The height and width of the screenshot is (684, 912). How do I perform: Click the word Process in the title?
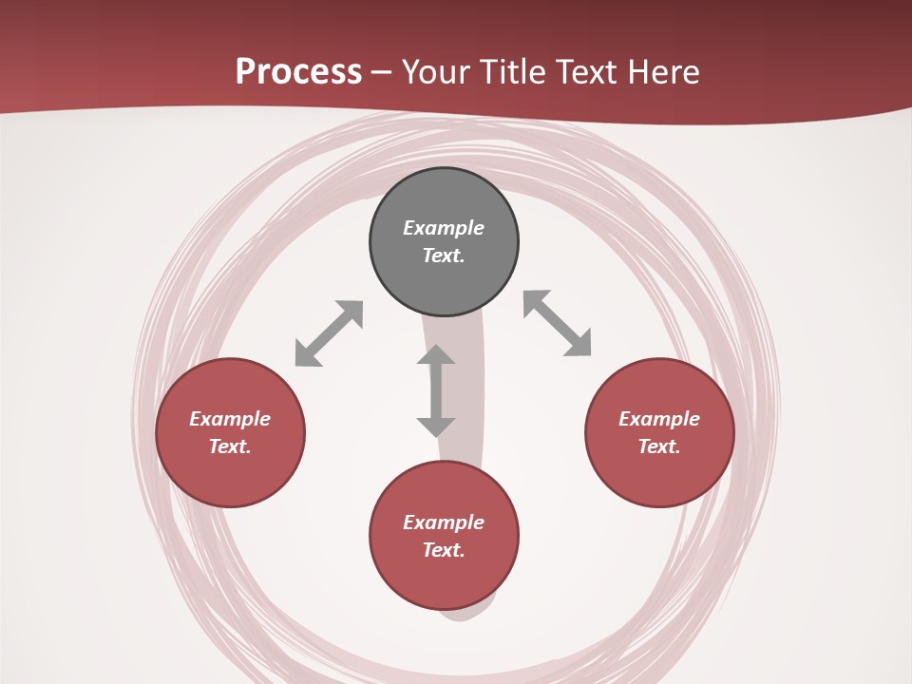298,72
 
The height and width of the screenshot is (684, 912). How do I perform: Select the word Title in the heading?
518,72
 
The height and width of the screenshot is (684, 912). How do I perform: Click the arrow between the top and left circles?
329,333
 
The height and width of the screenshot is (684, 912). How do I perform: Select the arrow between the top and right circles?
558,324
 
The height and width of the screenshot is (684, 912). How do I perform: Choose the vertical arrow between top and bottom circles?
436,391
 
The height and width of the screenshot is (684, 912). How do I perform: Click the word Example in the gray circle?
444,228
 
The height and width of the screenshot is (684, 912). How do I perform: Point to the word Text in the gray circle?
444,256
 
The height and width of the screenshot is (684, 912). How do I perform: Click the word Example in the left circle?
230,419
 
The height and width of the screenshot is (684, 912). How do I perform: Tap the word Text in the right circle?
659,446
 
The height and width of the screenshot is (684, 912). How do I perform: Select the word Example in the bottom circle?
444,522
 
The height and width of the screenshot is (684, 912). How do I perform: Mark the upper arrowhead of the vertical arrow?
436,355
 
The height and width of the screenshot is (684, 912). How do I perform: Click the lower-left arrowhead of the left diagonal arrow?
306,355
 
